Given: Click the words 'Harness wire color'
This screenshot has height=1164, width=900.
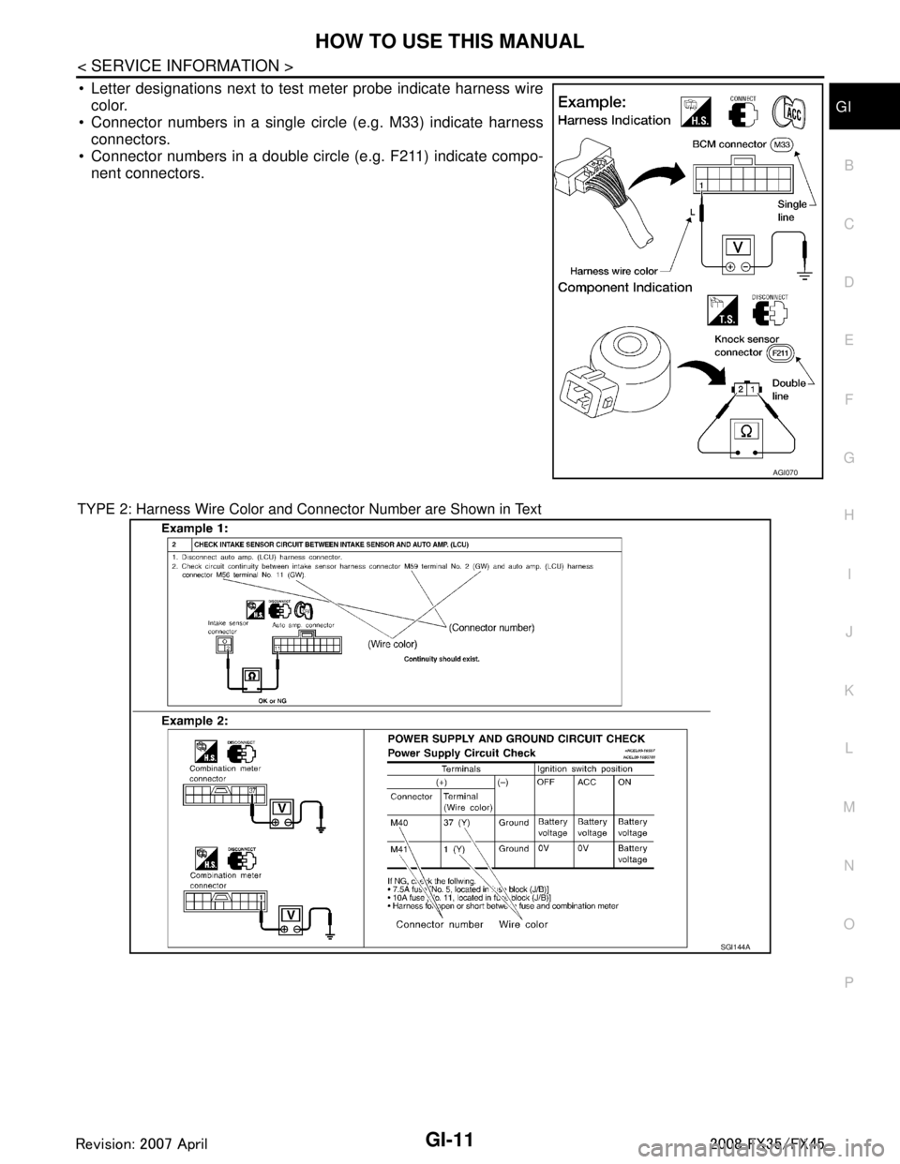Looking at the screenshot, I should [x=611, y=268].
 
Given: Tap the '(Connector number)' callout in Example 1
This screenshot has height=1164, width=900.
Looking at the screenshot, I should [x=491, y=628].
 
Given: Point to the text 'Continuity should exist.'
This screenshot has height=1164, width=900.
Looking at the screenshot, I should [x=442, y=659].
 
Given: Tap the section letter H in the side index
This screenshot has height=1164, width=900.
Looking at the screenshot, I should [x=847, y=515].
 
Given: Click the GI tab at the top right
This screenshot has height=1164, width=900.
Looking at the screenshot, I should [x=845, y=107].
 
